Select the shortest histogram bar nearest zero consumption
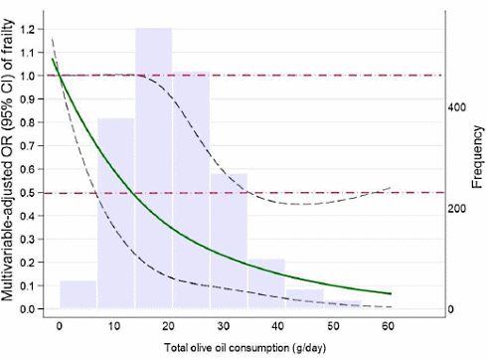coord(78,294)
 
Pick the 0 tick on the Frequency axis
coord(450,310)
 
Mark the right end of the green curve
coord(391,294)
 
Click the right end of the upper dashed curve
coord(391,187)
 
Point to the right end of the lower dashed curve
coord(391,307)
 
